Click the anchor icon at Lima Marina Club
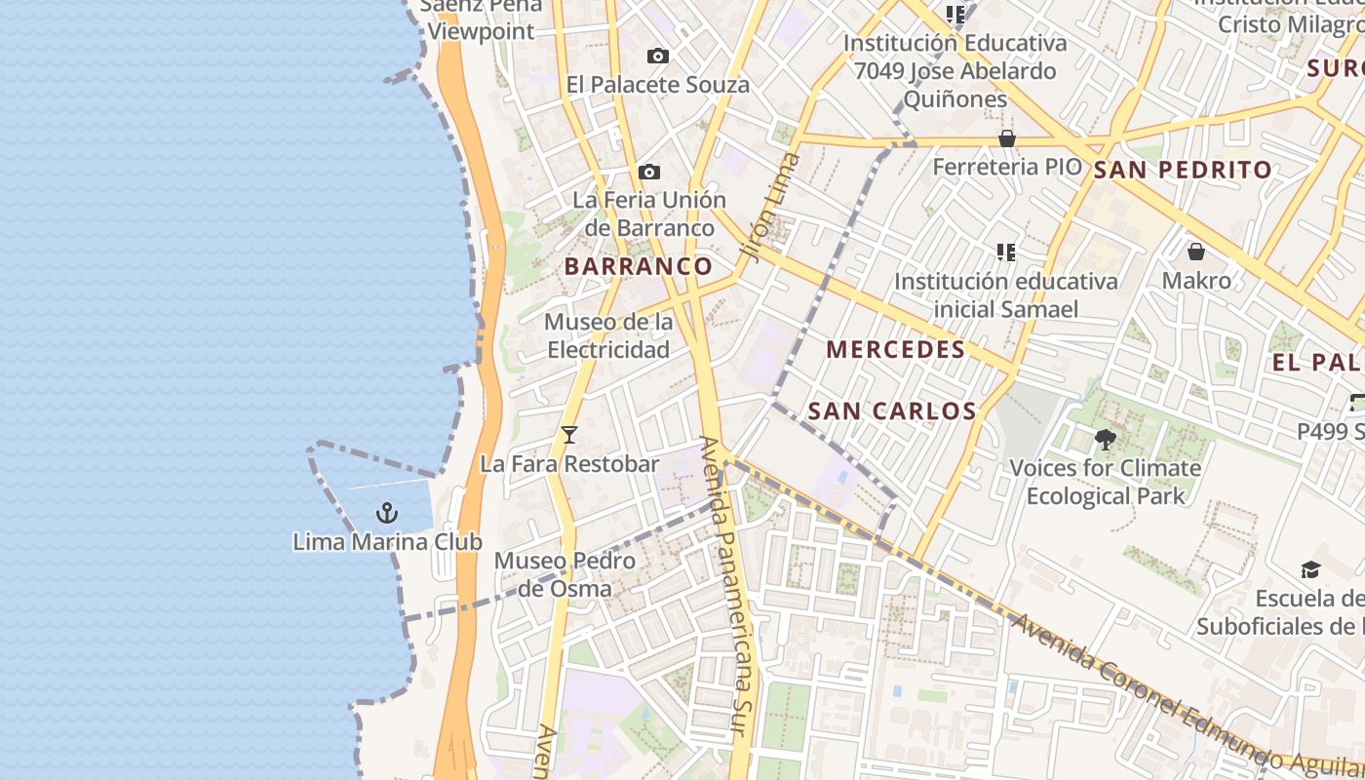387,512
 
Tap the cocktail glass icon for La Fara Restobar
569,435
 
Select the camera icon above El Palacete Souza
658,57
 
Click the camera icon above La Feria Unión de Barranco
649,173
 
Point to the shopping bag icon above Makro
1196,252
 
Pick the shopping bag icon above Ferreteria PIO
1007,138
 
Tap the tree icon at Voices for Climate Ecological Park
1105,440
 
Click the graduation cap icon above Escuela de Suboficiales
1310,569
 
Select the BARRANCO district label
639,266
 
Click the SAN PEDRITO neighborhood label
1183,170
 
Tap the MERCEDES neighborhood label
896,349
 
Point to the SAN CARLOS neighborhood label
892,410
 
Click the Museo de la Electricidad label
608,335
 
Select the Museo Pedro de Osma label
565,574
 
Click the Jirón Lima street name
769,207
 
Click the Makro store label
1196,281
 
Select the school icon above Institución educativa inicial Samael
1006,253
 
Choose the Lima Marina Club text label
387,541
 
